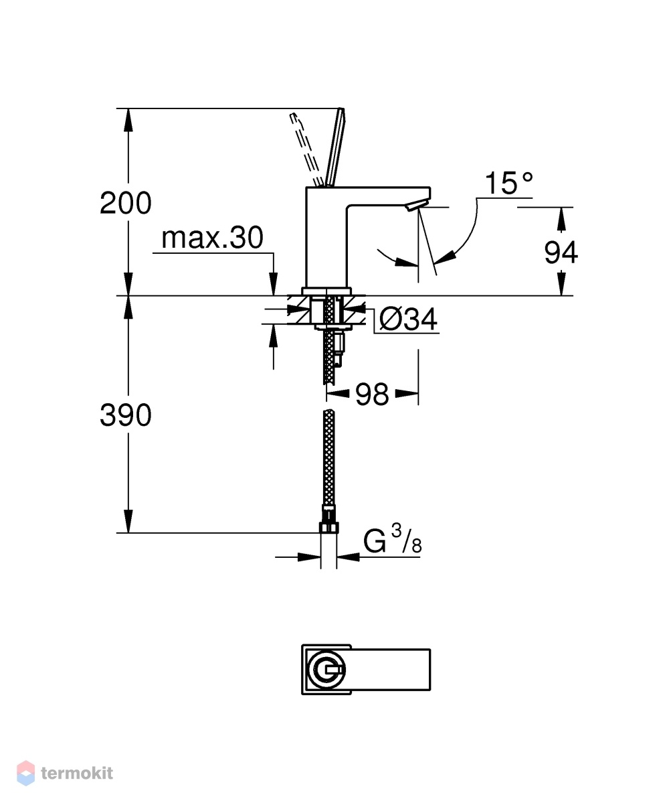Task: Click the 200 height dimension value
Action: tap(125, 203)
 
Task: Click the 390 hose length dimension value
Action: tap(125, 415)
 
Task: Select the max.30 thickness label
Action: tap(212, 238)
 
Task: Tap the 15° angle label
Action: tap(509, 183)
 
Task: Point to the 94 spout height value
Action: tap(561, 252)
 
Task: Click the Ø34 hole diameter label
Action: tap(408, 319)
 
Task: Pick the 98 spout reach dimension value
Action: tap(372, 394)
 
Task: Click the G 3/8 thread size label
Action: tap(392, 539)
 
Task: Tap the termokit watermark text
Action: tap(77, 773)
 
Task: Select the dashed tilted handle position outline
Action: tap(307, 149)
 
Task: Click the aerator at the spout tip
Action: tap(415, 206)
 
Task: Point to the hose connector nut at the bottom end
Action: tap(328, 528)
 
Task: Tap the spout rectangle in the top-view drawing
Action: tap(391, 670)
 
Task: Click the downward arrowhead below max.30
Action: tap(274, 285)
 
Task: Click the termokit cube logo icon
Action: tap(25, 773)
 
